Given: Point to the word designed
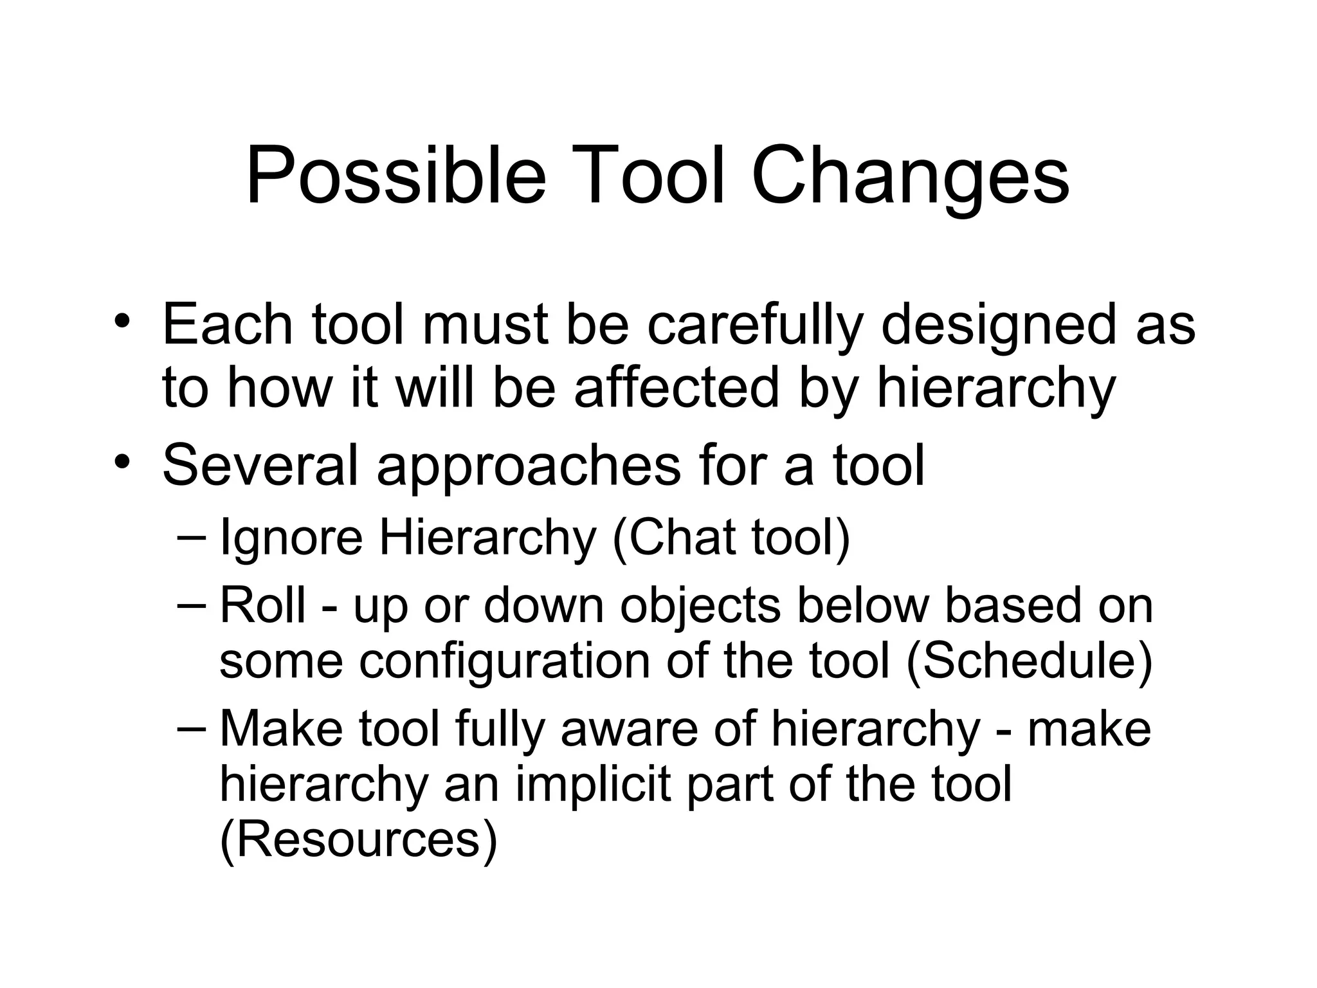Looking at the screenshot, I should (x=998, y=325).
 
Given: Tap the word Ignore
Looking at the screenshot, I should (x=291, y=539).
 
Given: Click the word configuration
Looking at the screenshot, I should (x=504, y=663).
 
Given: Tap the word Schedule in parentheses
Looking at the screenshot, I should (x=1029, y=663).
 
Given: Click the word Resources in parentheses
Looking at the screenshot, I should (x=358, y=840).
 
